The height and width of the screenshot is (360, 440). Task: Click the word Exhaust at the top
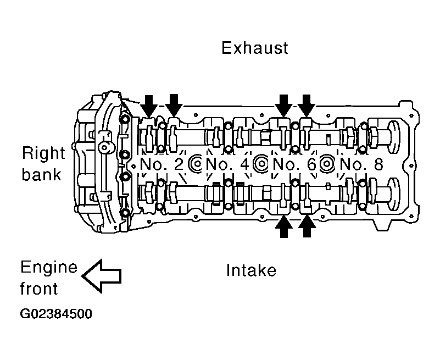tap(254, 48)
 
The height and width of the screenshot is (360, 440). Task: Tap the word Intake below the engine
tap(251, 270)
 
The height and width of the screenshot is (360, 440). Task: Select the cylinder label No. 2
tap(161, 164)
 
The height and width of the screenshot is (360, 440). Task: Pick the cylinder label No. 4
tap(227, 164)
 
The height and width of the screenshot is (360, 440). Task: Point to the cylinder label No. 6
tap(294, 164)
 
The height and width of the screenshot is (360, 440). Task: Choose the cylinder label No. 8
tap(361, 164)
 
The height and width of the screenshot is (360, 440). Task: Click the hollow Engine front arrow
tap(102, 276)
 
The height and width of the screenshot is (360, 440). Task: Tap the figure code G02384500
tap(56, 314)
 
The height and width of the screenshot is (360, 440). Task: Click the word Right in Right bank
tap(43, 154)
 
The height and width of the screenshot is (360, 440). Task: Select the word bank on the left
tap(41, 174)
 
